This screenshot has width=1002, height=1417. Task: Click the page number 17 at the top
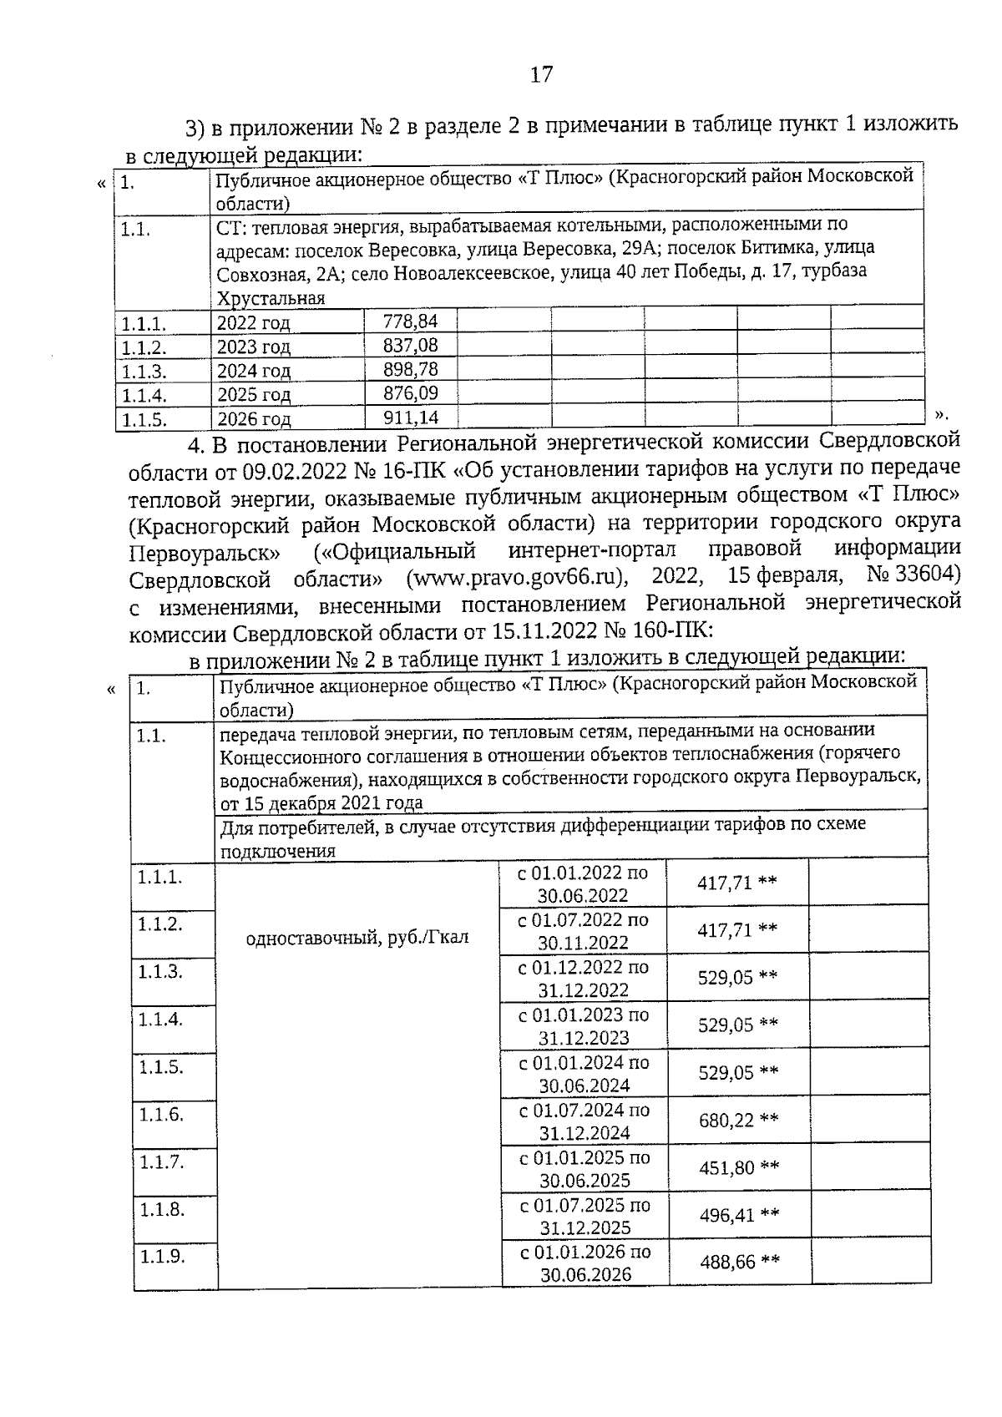pos(541,75)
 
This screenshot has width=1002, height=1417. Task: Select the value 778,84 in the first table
pos(409,321)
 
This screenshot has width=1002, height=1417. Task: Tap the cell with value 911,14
pos(409,418)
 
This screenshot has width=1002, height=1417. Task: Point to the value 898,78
pos(409,369)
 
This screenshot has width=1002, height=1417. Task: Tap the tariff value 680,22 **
pos(738,1121)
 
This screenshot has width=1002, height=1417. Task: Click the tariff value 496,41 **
pos(738,1215)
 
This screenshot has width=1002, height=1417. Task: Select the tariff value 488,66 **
pos(738,1263)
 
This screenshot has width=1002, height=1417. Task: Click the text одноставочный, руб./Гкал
pos(357,938)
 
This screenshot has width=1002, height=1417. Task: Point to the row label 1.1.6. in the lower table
pos(161,1115)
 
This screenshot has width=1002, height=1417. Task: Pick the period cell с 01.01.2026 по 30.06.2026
pos(585,1263)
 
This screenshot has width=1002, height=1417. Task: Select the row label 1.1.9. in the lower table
pos(161,1257)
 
